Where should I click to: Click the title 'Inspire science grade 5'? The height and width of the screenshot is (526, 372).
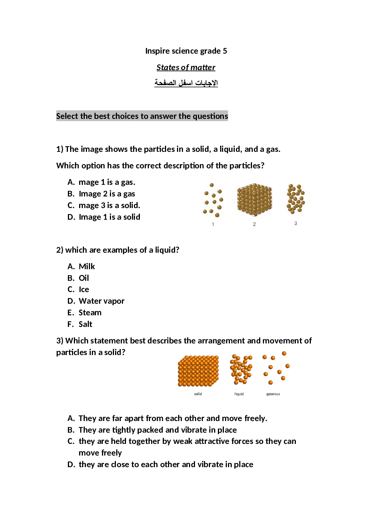point(186,51)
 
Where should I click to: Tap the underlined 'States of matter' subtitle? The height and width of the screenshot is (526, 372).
point(186,67)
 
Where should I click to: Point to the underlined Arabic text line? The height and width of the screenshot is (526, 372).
point(186,83)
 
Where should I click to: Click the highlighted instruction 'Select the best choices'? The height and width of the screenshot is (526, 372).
point(142,116)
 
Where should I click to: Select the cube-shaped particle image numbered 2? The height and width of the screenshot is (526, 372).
point(254,200)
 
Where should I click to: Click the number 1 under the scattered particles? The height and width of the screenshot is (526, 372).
point(213,224)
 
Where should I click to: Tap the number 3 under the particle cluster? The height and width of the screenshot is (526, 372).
point(295,223)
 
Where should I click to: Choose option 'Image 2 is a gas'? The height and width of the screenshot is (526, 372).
point(107,194)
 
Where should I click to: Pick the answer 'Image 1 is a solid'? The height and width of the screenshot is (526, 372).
point(109,217)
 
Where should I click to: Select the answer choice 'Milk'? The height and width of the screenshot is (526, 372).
point(87,267)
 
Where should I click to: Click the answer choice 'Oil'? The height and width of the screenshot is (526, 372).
point(84,278)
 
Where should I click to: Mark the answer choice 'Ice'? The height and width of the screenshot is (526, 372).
point(84,289)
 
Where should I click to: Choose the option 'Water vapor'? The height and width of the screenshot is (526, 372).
point(101,301)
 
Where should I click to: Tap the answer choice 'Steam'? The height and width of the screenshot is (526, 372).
point(90,313)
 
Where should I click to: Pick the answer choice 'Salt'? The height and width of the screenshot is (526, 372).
point(85,324)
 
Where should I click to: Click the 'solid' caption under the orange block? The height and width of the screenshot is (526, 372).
point(198,394)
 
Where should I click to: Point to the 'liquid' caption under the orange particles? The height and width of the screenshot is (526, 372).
point(239,394)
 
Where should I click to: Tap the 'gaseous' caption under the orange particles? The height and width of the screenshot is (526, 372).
point(273,394)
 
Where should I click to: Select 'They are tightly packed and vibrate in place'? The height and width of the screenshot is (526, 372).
point(157,430)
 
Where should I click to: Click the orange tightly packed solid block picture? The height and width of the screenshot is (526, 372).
point(198,371)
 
